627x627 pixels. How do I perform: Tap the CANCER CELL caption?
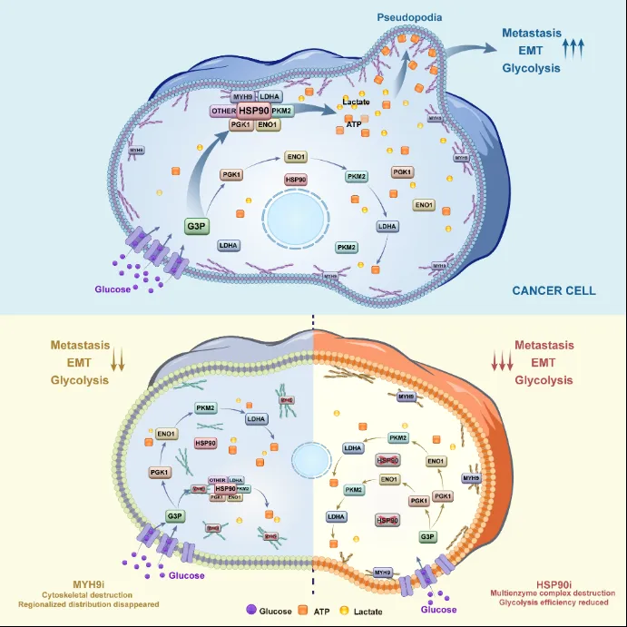tap(554, 290)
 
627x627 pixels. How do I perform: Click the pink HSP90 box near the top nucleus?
tap(296, 180)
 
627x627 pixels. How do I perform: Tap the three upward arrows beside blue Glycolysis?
tap(573, 48)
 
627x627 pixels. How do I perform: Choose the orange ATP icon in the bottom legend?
tap(308, 611)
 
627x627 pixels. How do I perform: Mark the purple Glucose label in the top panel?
tap(113, 289)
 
